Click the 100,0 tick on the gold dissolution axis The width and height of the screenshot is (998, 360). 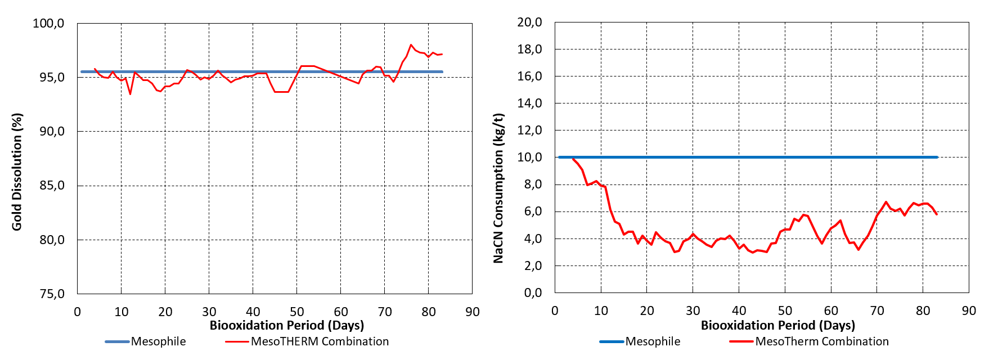(x=48, y=24)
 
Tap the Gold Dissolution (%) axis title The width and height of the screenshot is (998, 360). (x=17, y=172)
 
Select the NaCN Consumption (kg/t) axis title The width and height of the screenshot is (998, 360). (x=498, y=188)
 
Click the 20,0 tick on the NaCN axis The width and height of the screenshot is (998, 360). (x=529, y=22)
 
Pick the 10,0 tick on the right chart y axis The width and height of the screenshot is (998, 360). (x=529, y=157)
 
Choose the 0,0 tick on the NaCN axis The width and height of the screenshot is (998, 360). (x=533, y=293)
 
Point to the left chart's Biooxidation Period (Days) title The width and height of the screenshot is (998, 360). (x=287, y=325)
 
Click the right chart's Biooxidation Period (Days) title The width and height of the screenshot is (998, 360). (x=778, y=325)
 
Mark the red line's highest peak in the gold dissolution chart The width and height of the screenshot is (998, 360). (x=411, y=44)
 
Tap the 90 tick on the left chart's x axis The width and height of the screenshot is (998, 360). (x=473, y=312)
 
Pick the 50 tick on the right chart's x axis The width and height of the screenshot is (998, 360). (x=785, y=310)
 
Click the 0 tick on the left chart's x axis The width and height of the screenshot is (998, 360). (x=78, y=312)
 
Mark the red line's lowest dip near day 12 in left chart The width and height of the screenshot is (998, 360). (x=131, y=94)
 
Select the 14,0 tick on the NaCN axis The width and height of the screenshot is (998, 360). (x=529, y=103)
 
